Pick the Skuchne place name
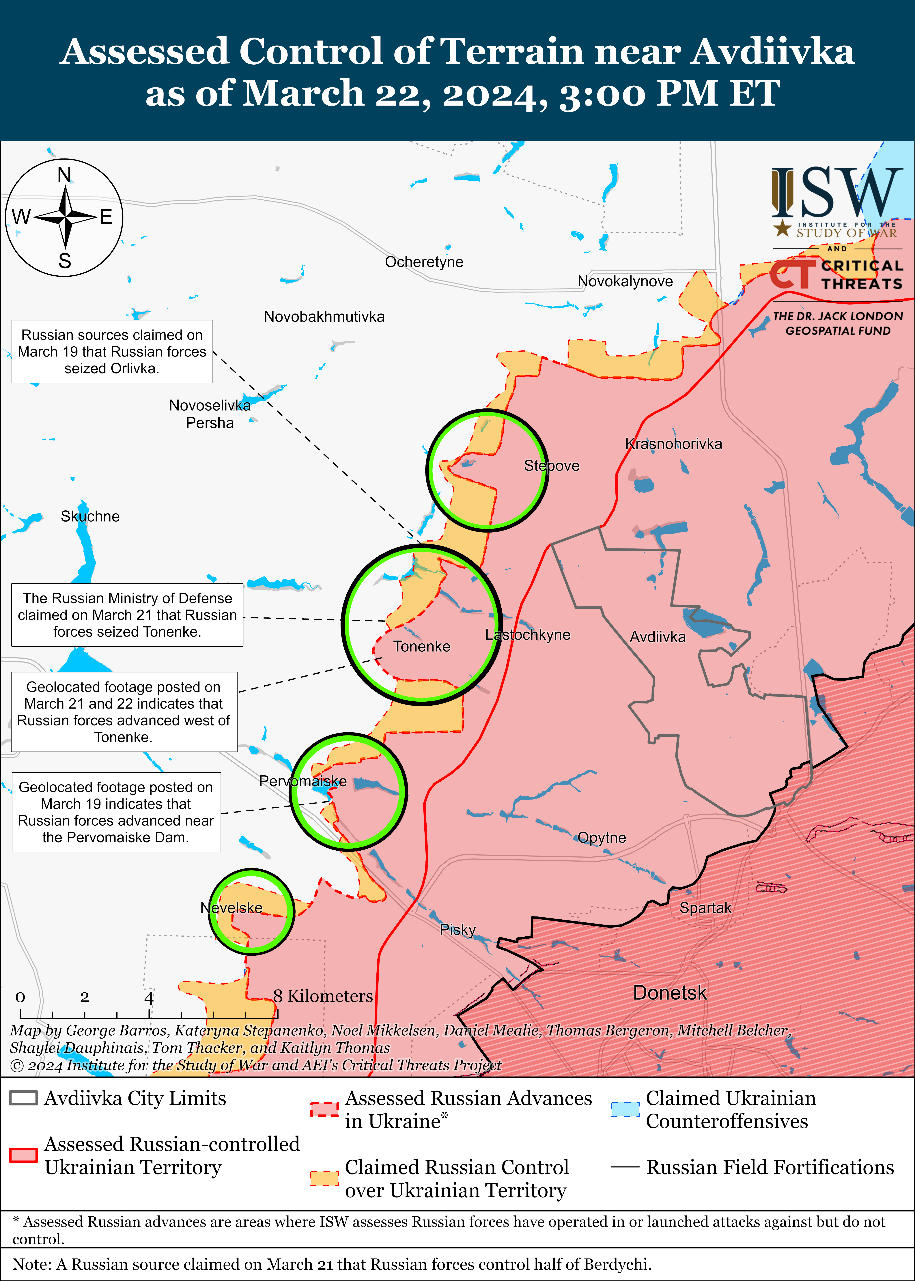click(x=90, y=517)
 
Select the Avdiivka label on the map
click(x=658, y=637)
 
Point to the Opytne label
click(x=602, y=838)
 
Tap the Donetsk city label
click(x=669, y=993)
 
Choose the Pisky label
click(x=457, y=929)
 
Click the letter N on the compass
click(x=65, y=175)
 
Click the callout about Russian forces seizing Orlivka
click(x=112, y=352)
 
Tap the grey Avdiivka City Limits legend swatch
click(x=24, y=1098)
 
